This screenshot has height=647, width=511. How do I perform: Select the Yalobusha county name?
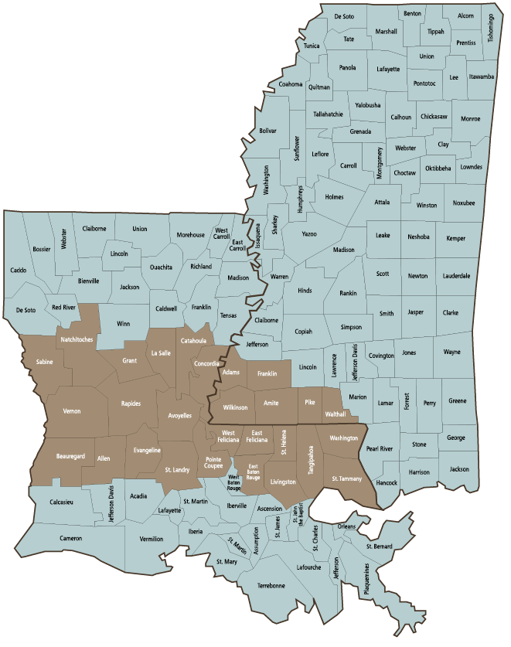[x=367, y=104]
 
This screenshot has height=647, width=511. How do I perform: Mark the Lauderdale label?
[x=456, y=275]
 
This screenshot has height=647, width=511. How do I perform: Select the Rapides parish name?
[x=131, y=403]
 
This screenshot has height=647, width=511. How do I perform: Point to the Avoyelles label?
[x=179, y=415]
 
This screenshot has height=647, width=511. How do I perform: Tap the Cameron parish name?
[x=70, y=538]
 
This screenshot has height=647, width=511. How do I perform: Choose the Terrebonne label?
[x=271, y=585]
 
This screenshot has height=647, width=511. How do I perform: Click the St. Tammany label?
[x=346, y=480]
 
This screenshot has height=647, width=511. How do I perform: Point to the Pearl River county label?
[x=379, y=448]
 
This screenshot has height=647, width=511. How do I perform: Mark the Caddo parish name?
[x=19, y=270]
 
